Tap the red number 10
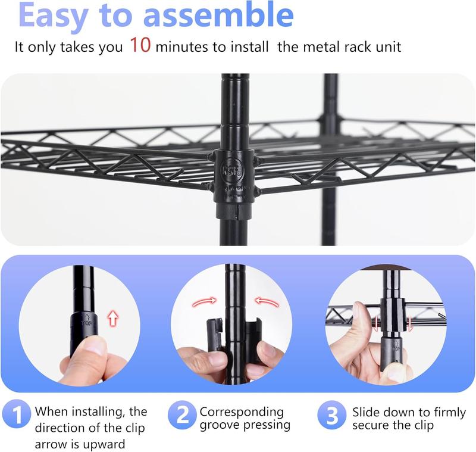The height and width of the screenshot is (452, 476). (140, 46)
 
